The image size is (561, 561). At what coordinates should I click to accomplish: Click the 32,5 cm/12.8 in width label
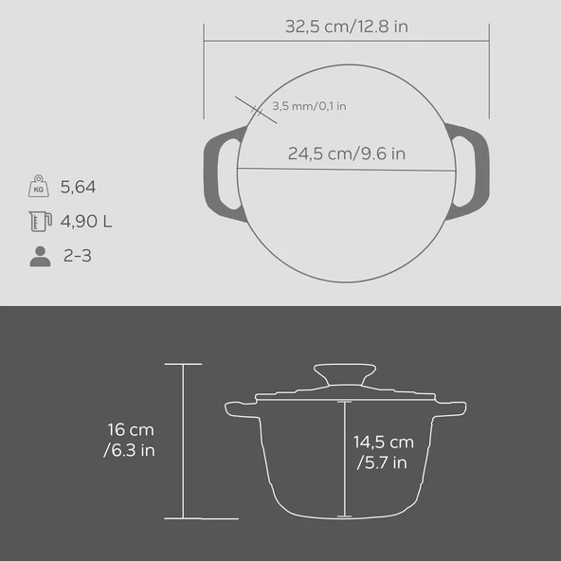pyautogui.click(x=347, y=27)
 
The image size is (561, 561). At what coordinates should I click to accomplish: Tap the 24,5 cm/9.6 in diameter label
pyautogui.click(x=347, y=153)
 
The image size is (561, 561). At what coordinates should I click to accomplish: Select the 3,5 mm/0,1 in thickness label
pyautogui.click(x=308, y=106)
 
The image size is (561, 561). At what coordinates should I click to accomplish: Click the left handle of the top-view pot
pyautogui.click(x=217, y=171)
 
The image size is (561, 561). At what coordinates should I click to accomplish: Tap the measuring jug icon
pyautogui.click(x=39, y=222)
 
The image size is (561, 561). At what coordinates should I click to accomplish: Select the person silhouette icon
pyautogui.click(x=39, y=256)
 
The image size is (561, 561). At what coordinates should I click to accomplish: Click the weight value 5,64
pyautogui.click(x=79, y=188)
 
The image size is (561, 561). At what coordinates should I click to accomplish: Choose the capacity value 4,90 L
pyautogui.click(x=86, y=222)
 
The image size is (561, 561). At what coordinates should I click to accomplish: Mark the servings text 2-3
pyautogui.click(x=77, y=256)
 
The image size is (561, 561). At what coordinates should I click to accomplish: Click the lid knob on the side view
pyautogui.click(x=343, y=372)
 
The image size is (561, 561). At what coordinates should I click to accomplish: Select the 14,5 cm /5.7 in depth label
pyautogui.click(x=383, y=452)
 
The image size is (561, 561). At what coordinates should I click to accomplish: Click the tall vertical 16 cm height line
pyautogui.click(x=183, y=441)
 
